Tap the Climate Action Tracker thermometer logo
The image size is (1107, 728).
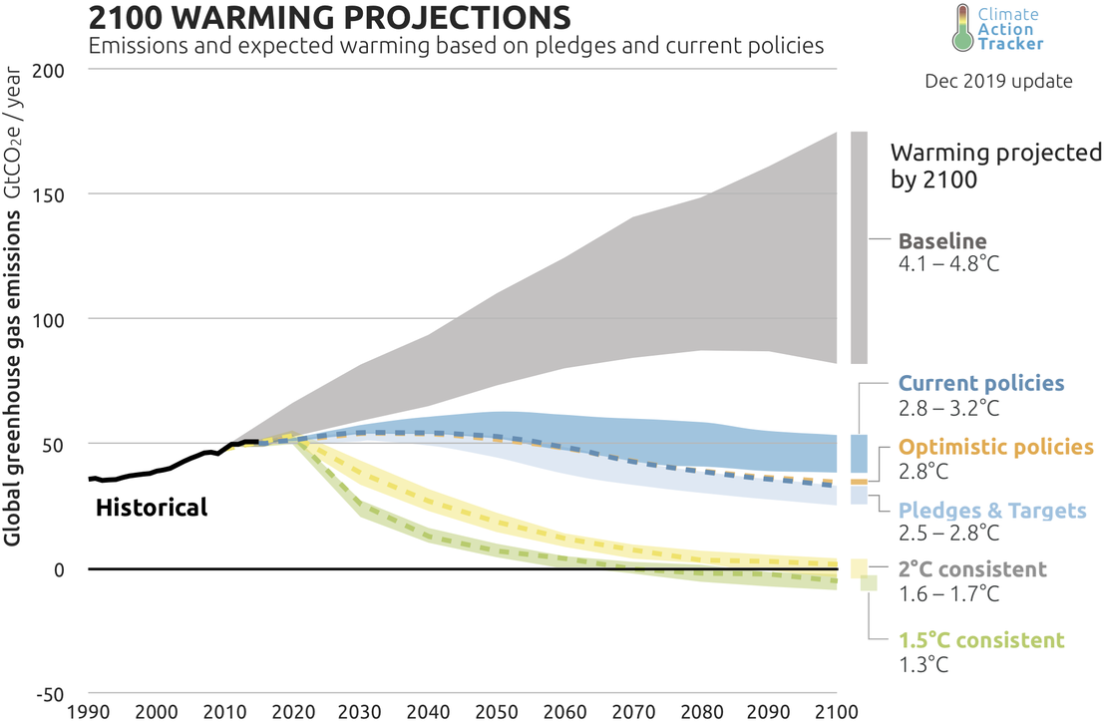[x=963, y=29]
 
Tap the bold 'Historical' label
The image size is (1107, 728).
[x=152, y=508]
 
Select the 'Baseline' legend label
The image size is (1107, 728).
[x=942, y=240]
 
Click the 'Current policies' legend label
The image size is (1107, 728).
[x=981, y=383]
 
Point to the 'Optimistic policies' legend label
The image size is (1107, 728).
[x=996, y=447]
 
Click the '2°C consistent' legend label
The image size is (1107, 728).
[x=972, y=570]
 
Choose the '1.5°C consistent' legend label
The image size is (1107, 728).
[x=981, y=639]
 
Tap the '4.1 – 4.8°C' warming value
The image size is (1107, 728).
[x=947, y=263]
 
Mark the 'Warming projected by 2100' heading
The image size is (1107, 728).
[x=995, y=166]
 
